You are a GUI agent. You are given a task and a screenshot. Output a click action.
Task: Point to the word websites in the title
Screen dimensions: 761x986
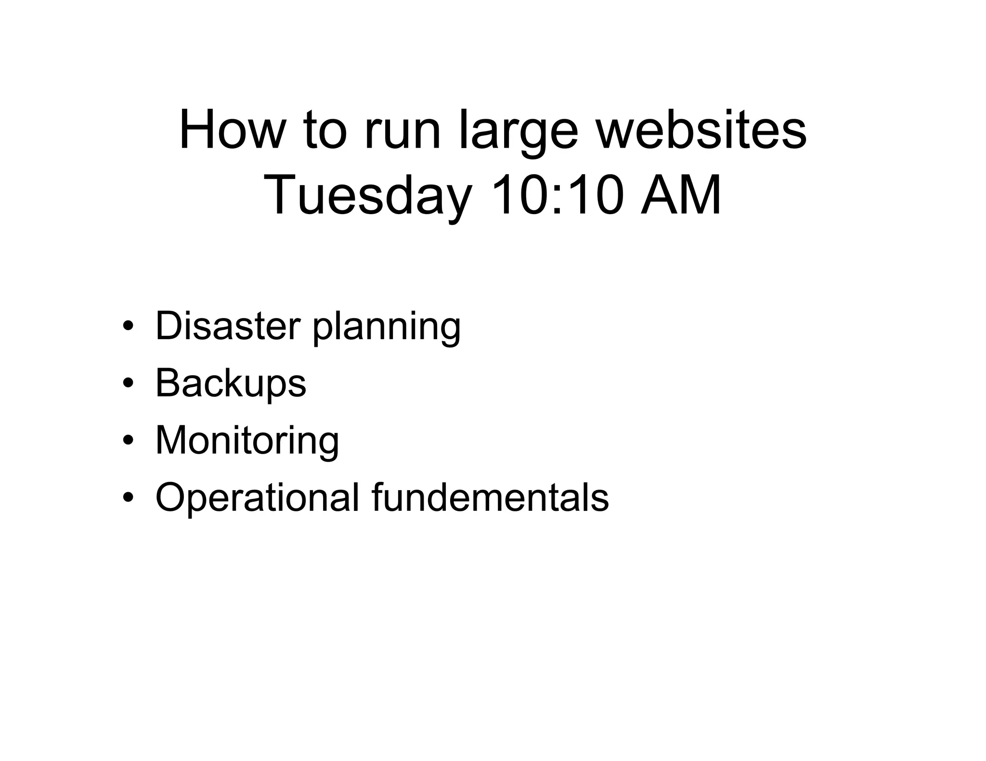[701, 130]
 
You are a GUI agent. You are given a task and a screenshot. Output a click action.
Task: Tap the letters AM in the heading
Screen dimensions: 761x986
[681, 195]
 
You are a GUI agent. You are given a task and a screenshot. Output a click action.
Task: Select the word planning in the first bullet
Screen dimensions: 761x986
[387, 328]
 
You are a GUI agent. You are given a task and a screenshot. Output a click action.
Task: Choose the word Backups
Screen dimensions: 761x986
[231, 383]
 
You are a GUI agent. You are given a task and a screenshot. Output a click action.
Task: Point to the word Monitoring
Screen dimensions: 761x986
[247, 441]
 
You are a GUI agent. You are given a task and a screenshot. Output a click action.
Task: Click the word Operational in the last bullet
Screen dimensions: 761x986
[257, 498]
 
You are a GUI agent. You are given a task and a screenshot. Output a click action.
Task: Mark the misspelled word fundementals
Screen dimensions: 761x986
[490, 497]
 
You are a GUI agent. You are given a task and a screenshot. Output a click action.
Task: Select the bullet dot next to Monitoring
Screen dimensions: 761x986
[128, 441]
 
